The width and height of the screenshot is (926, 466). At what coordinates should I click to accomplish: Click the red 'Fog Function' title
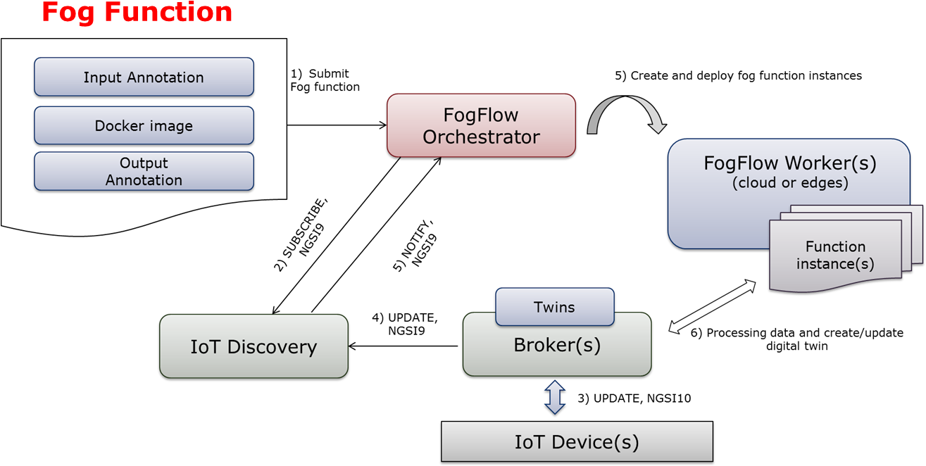(x=137, y=13)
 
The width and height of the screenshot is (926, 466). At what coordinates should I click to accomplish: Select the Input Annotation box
(x=144, y=77)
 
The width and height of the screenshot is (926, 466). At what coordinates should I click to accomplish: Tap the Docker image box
(x=144, y=125)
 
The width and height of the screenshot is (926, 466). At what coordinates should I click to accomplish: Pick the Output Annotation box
(x=144, y=171)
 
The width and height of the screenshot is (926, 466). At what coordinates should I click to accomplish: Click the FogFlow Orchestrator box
(x=481, y=125)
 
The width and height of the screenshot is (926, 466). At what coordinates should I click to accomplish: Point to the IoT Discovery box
(x=254, y=346)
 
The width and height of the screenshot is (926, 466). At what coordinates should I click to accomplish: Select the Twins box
(x=555, y=307)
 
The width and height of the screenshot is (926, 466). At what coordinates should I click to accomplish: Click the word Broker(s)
(x=557, y=345)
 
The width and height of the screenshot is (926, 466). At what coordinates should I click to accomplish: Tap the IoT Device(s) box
(x=577, y=441)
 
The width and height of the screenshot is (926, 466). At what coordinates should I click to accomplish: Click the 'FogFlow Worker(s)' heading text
(x=790, y=163)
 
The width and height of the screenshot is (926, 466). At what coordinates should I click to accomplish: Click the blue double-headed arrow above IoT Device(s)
(x=555, y=398)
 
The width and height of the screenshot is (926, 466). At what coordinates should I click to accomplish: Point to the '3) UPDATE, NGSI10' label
(x=634, y=398)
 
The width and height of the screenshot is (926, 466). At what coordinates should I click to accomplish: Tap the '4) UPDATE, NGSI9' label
(x=405, y=324)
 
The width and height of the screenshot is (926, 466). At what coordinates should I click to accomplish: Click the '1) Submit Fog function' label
(x=325, y=80)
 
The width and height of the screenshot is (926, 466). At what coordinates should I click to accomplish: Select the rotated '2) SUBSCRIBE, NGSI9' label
(x=301, y=234)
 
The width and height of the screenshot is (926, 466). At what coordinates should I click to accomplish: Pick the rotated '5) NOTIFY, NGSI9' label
(x=415, y=246)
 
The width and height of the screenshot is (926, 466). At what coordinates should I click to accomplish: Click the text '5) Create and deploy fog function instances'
(x=738, y=75)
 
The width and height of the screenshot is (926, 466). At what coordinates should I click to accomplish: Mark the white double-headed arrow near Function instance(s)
(x=712, y=306)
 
